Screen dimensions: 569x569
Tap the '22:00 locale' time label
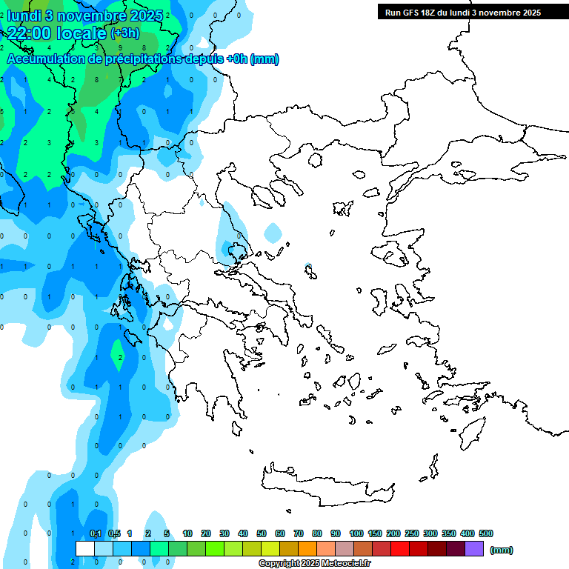point(58,33)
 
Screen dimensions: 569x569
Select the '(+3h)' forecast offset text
point(124,33)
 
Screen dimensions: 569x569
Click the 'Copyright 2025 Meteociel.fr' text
point(314,563)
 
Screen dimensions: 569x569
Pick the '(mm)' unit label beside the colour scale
point(501,550)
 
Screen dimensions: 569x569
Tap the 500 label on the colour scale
point(486,533)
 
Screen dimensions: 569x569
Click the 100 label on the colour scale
point(356,533)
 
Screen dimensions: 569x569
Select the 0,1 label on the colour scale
point(96,533)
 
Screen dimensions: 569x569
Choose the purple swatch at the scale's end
point(474,549)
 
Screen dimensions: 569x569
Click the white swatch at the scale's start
point(85,549)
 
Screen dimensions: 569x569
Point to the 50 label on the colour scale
point(262,533)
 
